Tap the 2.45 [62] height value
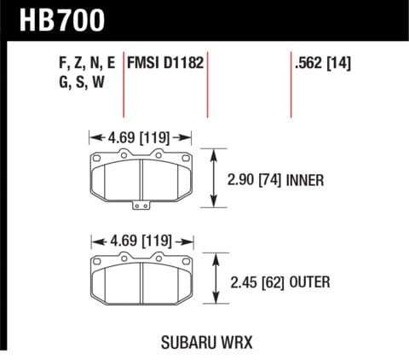(x=255, y=280)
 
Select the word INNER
(x=308, y=180)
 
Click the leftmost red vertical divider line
(x=126, y=85)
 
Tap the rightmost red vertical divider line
(x=289, y=85)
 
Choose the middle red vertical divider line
(x=208, y=85)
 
